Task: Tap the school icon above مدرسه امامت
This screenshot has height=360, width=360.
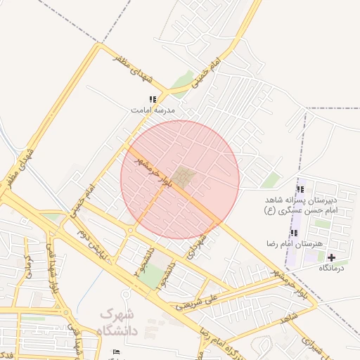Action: pyautogui.click(x=153, y=100)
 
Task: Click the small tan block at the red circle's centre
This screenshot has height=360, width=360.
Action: pyautogui.click(x=184, y=177)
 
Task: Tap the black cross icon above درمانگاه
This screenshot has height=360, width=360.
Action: pyautogui.click(x=332, y=258)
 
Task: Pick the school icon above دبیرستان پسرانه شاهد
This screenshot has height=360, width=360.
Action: pyautogui.click(x=300, y=189)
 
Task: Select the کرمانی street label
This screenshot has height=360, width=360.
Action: pyautogui.click(x=30, y=264)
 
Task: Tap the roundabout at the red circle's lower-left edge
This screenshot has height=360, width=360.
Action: pyautogui.click(x=131, y=230)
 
